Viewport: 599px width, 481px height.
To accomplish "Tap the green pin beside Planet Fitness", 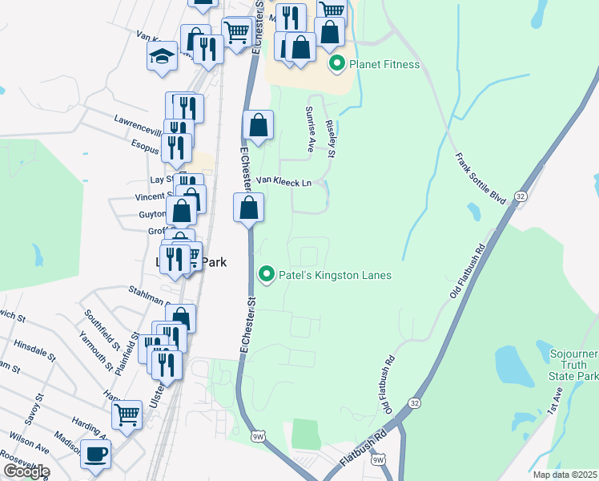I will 338,64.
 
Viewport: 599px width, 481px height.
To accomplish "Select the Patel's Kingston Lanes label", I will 335,275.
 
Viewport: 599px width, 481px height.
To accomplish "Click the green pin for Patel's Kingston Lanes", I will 267,275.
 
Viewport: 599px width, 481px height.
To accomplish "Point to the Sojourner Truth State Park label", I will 573,364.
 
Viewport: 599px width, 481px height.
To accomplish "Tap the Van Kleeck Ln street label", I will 283,183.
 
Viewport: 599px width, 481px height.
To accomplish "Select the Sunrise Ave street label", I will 309,128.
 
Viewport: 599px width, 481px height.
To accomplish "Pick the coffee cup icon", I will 96,455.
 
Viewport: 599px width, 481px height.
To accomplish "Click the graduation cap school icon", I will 162,57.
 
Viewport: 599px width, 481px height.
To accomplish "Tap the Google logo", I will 26,471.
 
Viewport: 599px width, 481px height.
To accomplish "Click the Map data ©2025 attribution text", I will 565,475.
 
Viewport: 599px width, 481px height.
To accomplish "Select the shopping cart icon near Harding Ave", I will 127,415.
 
